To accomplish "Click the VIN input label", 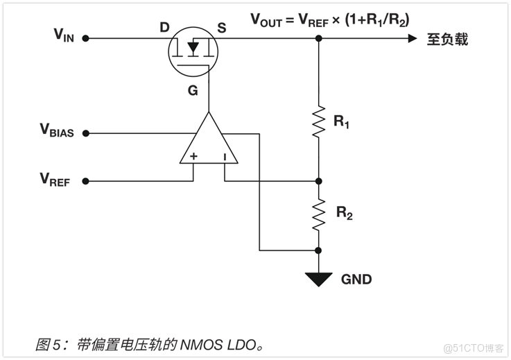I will coord(63,35).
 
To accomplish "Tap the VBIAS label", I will coord(57,130).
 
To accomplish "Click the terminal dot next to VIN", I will coord(85,39).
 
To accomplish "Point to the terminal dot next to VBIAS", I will coord(85,133).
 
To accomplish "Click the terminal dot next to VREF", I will coord(85,182).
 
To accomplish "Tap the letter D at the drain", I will coord(164,28).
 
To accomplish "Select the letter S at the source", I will coord(221,28).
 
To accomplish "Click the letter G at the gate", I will coord(193,89).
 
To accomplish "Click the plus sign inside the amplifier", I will coord(193,157).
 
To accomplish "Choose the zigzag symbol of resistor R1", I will coord(318,121).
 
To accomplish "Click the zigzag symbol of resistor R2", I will coord(318,214).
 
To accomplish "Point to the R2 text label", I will coord(345,214).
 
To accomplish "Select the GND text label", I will coord(356,280).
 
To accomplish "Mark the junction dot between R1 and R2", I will coord(318,182).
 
